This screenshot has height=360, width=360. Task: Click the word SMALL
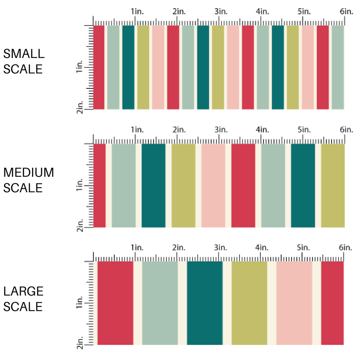24,54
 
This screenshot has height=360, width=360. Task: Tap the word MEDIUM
28,172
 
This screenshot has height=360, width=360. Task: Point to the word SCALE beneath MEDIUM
23,188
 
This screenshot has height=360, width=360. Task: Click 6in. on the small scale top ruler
346,12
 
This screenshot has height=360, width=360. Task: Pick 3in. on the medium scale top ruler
221,130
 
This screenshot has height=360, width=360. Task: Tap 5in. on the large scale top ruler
304,248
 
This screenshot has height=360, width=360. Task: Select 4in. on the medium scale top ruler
263,130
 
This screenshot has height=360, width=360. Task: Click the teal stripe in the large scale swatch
205,303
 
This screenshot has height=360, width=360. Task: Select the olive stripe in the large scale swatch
249,303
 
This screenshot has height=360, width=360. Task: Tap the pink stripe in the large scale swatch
294,303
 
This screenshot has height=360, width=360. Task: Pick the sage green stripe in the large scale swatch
160,303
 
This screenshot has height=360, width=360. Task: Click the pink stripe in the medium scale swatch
213,186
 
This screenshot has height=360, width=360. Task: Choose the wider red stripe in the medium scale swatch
243,186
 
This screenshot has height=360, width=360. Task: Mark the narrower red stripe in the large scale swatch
332,303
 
